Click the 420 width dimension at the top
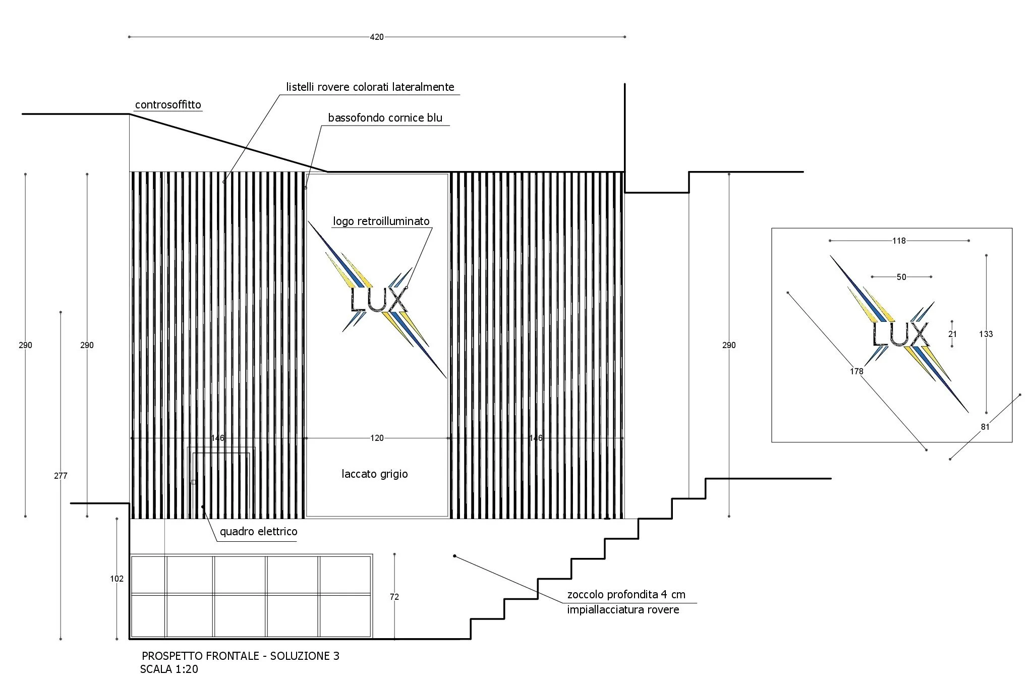[377, 37]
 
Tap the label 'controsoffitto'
[168, 105]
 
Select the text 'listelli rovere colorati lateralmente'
[370, 87]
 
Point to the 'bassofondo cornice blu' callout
[385, 118]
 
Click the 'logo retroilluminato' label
[381, 221]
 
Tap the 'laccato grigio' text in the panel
[374, 474]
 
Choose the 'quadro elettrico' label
[258, 532]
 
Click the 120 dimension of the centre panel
[377, 438]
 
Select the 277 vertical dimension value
[61, 476]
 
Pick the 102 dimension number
[117, 579]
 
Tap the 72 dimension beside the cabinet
[394, 597]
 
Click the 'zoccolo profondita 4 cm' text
[626, 595]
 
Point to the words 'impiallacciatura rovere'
[623, 610]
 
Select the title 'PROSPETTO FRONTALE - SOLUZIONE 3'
[241, 656]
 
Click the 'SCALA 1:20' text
[169, 670]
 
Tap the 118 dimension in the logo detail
[899, 241]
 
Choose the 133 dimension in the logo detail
[986, 334]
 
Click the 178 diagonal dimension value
[856, 372]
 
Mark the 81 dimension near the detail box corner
[985, 427]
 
